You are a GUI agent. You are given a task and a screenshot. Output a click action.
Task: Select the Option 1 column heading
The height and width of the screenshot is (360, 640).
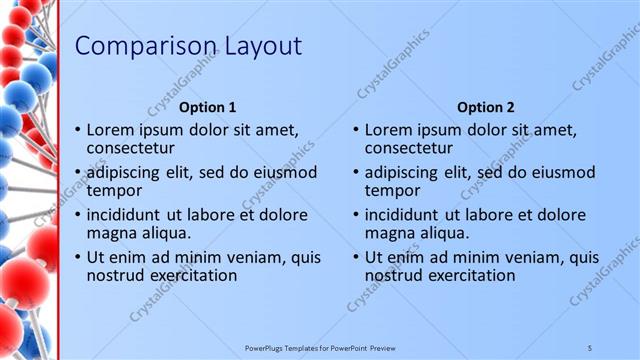click(207, 107)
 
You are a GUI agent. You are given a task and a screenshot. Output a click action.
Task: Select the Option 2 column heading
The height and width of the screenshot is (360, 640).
click(485, 107)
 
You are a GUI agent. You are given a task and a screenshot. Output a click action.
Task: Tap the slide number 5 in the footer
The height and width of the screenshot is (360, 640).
click(590, 347)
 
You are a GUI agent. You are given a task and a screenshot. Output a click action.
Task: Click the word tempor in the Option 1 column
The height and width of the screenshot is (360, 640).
click(114, 190)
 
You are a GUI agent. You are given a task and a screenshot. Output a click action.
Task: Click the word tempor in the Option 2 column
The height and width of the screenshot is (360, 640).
click(392, 190)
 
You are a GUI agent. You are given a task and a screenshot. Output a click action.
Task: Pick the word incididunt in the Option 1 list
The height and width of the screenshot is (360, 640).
click(125, 215)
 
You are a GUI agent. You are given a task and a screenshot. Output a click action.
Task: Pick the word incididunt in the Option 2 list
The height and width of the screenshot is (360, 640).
click(403, 215)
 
